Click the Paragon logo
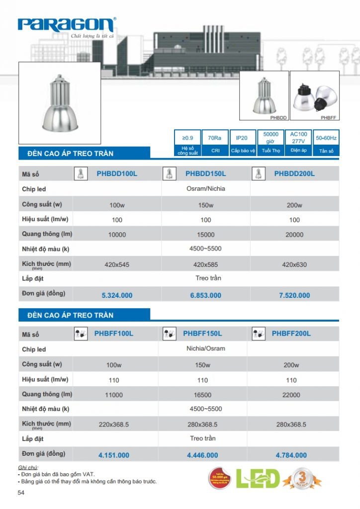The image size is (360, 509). point(67,25)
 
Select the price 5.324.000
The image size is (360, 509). point(117,295)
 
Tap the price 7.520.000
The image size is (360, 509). point(294,295)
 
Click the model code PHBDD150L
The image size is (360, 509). point(205,174)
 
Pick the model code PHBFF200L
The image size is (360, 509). point(291,334)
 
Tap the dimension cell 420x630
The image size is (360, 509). point(294,265)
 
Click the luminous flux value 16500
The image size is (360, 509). point(202,395)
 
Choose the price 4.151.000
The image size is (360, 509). point(114,455)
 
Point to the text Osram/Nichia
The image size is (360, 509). point(205,189)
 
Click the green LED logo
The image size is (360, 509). point(257,479)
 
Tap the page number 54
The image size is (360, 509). point(21,493)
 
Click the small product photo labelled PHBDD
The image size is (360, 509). point(264,95)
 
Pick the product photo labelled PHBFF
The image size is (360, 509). point(314,95)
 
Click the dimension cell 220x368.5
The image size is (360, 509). point(114,425)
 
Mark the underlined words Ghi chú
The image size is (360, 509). point(28,468)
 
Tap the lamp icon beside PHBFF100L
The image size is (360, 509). point(80,334)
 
